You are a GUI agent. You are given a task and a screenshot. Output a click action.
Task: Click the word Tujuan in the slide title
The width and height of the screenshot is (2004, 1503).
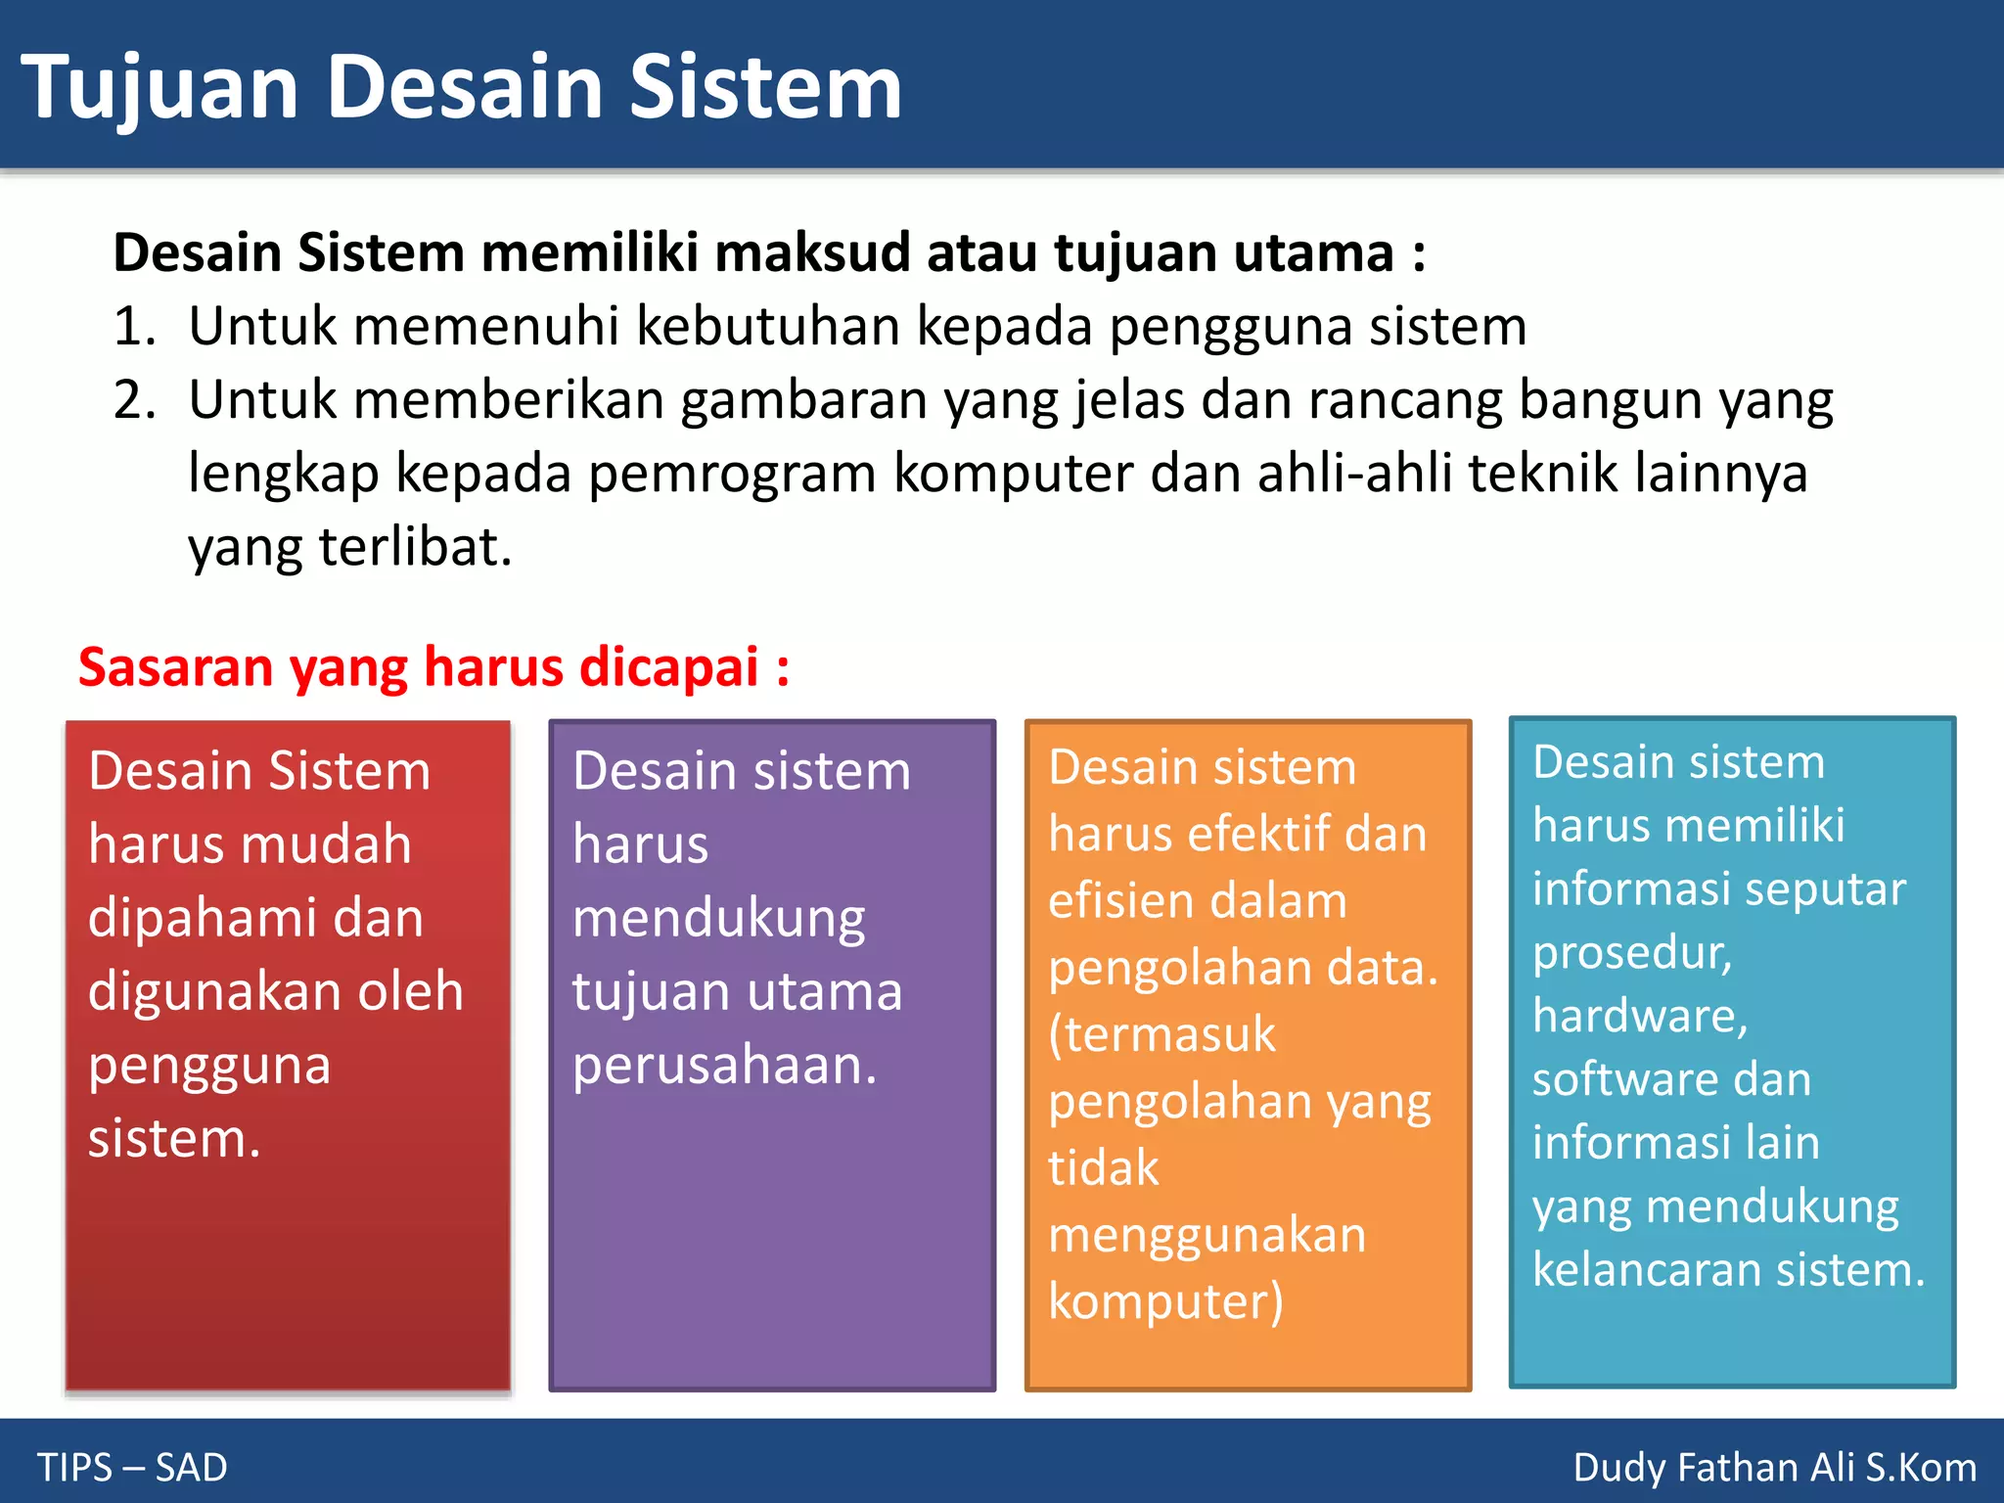coord(159,88)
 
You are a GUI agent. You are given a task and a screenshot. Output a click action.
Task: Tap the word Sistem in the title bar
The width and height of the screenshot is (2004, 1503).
coord(764,88)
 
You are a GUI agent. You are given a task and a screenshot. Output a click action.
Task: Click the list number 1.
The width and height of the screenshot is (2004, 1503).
coord(133,326)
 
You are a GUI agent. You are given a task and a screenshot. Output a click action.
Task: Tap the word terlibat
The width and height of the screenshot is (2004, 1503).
coord(416,546)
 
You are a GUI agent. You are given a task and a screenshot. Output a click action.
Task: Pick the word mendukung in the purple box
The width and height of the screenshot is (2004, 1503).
coord(718,919)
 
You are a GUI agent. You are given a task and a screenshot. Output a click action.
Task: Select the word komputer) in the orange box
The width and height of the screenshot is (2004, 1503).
coord(1165,1302)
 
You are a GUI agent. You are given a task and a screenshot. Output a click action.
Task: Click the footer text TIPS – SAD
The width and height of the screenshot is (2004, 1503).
coord(132,1468)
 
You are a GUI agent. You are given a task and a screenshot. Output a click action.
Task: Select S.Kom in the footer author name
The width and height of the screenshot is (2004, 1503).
coord(1920,1468)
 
